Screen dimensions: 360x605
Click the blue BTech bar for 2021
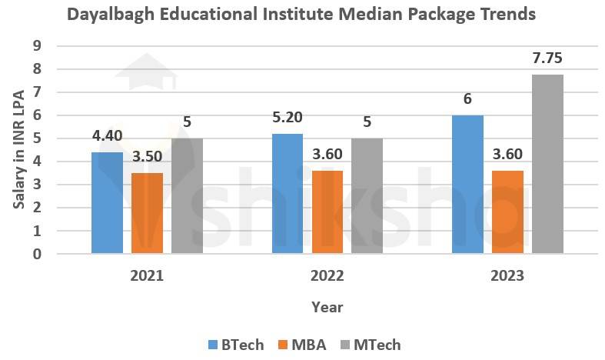(x=107, y=203)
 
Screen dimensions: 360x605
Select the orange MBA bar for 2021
(x=147, y=213)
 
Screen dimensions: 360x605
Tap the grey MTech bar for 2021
(x=187, y=196)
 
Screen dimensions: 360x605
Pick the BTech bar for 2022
(x=287, y=194)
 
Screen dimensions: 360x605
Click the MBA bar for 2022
(x=327, y=212)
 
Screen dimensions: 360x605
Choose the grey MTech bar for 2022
(x=367, y=196)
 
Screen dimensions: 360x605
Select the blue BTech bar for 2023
(x=467, y=185)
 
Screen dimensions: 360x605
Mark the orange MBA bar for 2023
(x=507, y=212)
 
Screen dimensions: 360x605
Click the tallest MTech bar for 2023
(x=547, y=164)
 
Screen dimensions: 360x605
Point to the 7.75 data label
(x=547, y=58)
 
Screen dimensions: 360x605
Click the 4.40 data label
(x=107, y=135)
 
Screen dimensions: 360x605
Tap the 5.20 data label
(x=287, y=117)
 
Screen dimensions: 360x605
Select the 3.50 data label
(x=147, y=156)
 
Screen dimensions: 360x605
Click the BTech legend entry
(x=235, y=345)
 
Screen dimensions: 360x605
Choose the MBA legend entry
(x=301, y=345)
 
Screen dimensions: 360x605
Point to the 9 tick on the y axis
(x=36, y=46)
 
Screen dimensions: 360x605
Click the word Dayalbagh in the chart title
(x=109, y=15)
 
